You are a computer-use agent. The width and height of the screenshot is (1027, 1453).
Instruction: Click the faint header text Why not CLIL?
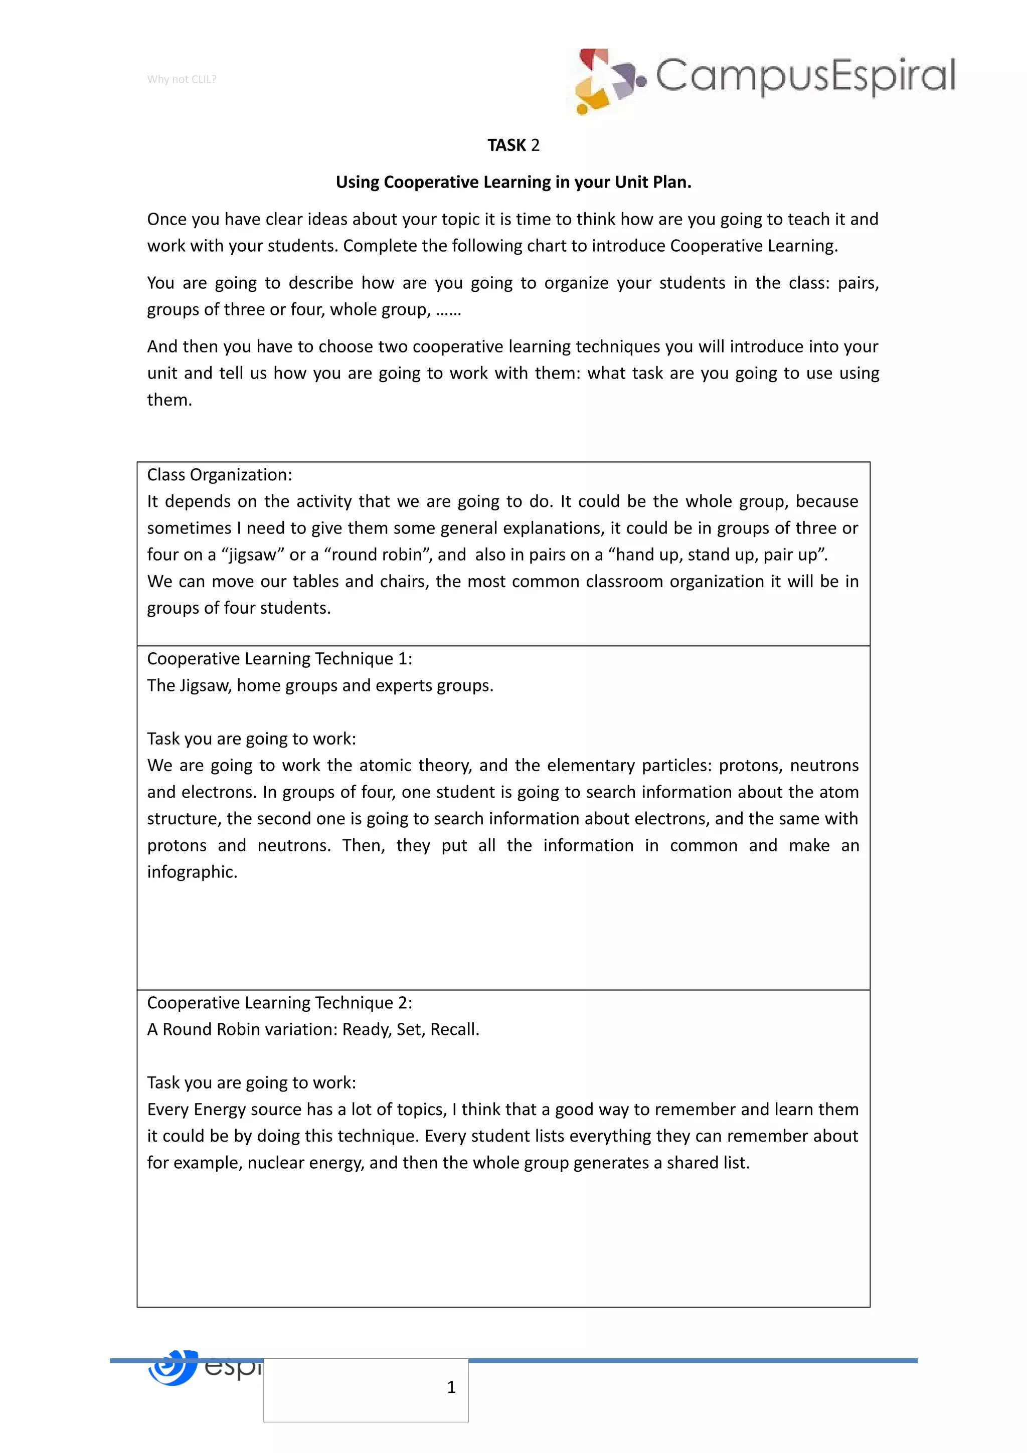click(x=182, y=79)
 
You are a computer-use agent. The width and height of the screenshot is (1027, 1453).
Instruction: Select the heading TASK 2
click(x=513, y=145)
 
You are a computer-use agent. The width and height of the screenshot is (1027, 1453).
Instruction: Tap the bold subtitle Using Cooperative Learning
click(x=513, y=183)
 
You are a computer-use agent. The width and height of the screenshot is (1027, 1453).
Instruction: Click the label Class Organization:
click(x=220, y=475)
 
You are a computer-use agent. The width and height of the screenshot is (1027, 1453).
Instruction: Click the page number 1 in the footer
click(x=451, y=1387)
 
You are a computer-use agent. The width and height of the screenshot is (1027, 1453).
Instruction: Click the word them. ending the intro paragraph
click(x=169, y=400)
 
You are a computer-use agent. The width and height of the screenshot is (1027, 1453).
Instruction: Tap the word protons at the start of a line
click(x=177, y=845)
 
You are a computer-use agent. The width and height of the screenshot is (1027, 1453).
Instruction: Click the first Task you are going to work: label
click(x=251, y=739)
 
